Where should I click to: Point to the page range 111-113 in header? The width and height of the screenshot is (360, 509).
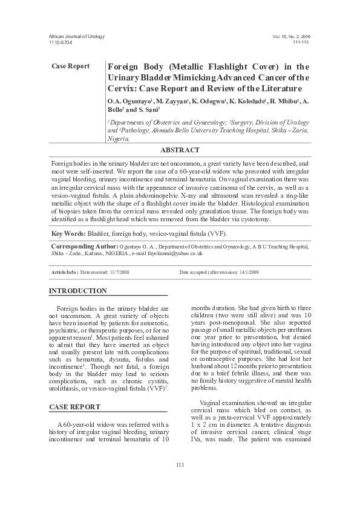pyautogui.click(x=301, y=43)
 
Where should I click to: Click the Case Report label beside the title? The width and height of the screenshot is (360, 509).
pyautogui.click(x=71, y=66)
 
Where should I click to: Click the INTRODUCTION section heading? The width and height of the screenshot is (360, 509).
pyautogui.click(x=77, y=291)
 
